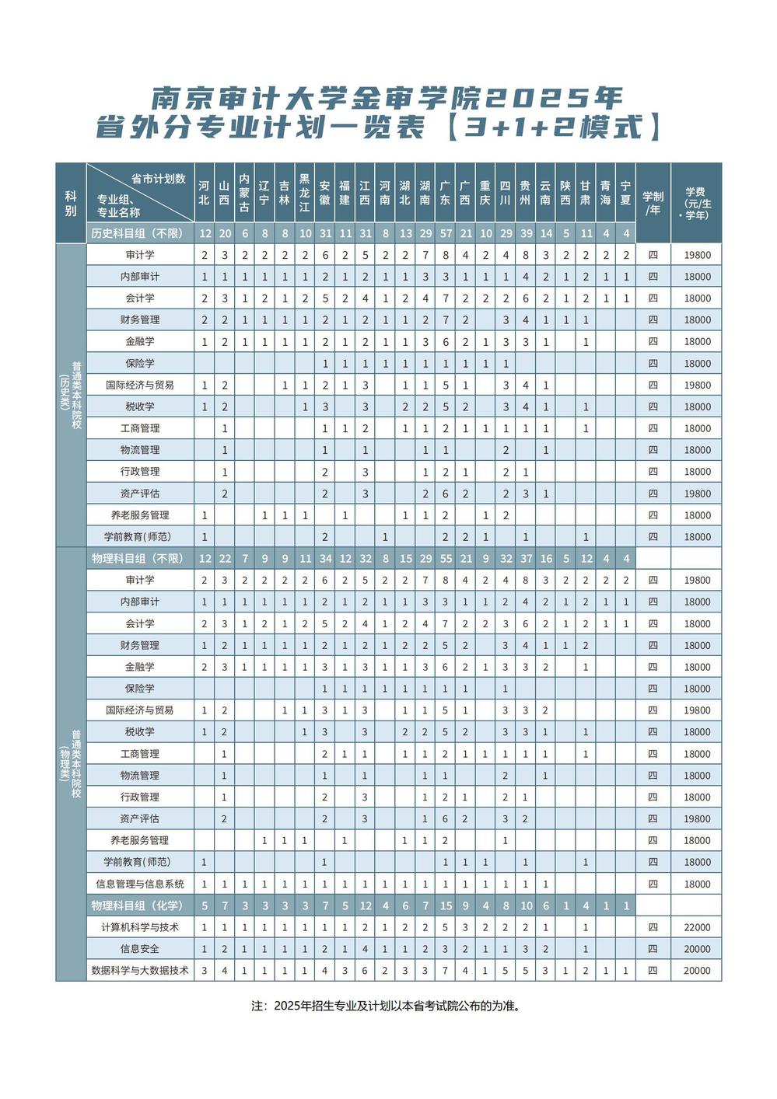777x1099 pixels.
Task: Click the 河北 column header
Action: point(204,193)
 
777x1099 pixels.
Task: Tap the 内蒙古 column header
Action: point(244,193)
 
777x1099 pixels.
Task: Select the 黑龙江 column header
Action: point(305,193)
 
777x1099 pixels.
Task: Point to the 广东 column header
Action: point(446,193)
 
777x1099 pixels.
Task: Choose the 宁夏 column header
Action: point(625,193)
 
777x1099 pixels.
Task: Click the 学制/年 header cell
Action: point(653,203)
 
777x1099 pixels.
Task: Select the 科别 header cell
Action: point(71,203)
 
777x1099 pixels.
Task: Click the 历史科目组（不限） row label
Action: point(137,233)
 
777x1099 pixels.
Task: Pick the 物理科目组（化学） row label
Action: point(137,905)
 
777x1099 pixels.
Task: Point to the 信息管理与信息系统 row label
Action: point(140,884)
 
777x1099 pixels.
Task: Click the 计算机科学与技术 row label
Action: point(140,927)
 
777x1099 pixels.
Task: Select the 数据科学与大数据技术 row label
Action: point(140,971)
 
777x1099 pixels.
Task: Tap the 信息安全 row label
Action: point(140,949)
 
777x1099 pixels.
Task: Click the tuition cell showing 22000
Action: point(697,927)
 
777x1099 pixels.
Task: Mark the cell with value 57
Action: point(446,233)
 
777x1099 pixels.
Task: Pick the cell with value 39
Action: point(527,233)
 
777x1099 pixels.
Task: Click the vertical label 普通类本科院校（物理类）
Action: point(71,764)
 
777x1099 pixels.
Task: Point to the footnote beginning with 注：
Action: point(386,1006)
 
